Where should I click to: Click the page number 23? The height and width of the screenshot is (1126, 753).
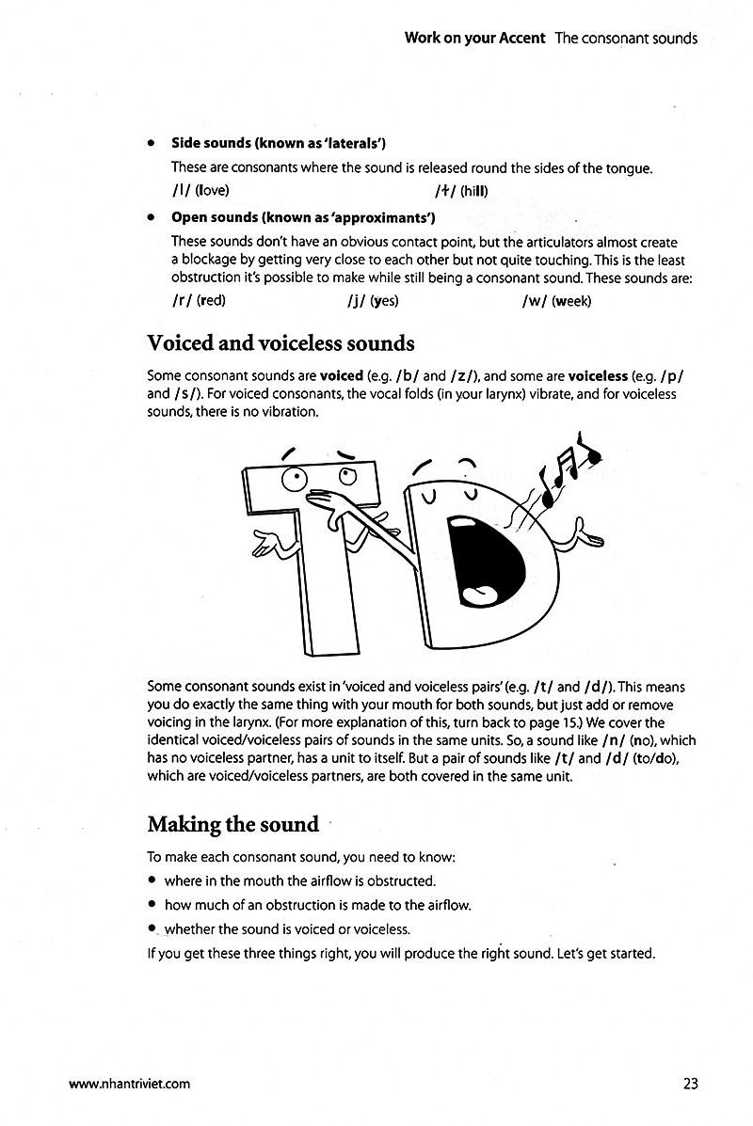pos(690,1083)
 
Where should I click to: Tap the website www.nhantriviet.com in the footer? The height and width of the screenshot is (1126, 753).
pos(130,1084)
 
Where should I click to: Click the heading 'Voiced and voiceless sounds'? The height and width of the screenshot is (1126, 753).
pos(280,343)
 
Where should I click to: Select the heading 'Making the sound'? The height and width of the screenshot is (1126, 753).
pos(233,824)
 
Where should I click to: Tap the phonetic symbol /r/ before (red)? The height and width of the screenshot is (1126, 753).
pos(182,301)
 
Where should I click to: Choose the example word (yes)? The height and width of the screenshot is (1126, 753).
pos(383,301)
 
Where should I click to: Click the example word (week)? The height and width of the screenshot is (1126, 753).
pos(571,301)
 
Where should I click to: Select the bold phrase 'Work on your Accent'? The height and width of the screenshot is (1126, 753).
pos(475,39)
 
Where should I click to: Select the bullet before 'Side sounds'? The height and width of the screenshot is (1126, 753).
pos(151,144)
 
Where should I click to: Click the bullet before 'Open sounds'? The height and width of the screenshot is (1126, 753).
pos(151,218)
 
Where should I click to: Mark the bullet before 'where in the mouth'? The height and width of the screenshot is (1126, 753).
pos(152,881)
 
